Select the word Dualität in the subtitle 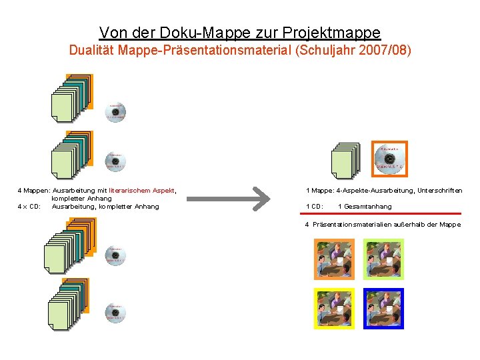[x=93, y=51]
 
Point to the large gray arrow [x=229, y=198]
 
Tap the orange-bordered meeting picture [x=334, y=259]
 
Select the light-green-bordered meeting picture [x=383, y=259]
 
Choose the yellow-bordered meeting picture [x=334, y=308]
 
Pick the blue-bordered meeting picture [x=383, y=308]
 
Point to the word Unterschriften [x=439, y=191]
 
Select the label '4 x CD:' [x=29, y=207]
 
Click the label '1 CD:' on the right [x=315, y=207]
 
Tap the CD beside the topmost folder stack [x=116, y=113]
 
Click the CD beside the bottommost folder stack [x=116, y=313]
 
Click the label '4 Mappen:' [x=33, y=191]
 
